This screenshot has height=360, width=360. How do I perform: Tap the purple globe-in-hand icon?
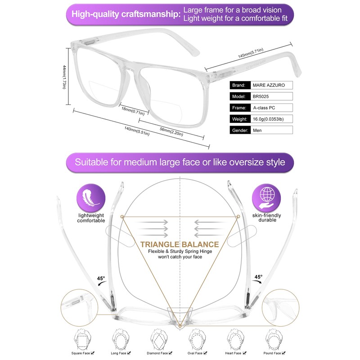click(x=267, y=197)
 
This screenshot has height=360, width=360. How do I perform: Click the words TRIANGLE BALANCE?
click(x=180, y=245)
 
